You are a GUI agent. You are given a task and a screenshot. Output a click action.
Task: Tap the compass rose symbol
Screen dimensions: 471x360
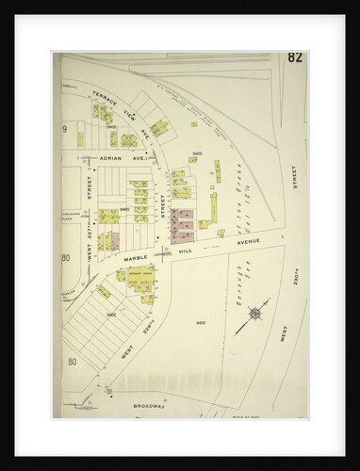point(253,323)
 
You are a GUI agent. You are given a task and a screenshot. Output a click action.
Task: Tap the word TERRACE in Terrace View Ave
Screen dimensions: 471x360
point(104,96)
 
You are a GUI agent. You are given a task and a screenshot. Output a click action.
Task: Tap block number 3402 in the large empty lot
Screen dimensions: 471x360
point(201,323)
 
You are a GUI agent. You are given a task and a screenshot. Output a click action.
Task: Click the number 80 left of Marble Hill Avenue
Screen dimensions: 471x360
point(66,258)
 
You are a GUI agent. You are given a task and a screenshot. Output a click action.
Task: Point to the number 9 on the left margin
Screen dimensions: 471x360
point(64,128)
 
